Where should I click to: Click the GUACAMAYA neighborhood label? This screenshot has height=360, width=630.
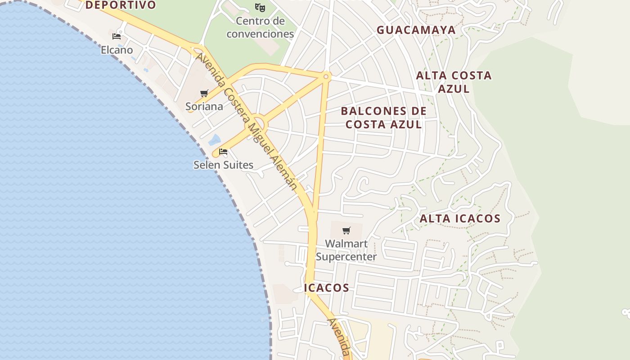(x=416, y=30)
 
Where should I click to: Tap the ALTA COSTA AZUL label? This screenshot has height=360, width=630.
(x=454, y=82)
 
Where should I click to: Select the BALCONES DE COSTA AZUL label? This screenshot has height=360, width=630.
(x=383, y=117)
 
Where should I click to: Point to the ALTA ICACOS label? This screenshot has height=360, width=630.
(x=460, y=219)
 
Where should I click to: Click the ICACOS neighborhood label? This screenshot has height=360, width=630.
(x=327, y=288)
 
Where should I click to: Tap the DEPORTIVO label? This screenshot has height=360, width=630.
(x=120, y=5)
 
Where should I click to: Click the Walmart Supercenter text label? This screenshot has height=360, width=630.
(x=346, y=250)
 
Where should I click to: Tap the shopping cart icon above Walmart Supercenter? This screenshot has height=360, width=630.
(x=346, y=231)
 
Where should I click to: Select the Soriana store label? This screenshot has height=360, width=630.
(x=204, y=106)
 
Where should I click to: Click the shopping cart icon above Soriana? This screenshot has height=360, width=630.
(x=204, y=94)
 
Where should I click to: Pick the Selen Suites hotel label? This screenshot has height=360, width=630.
(x=224, y=165)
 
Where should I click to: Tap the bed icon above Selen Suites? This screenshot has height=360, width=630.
(x=223, y=152)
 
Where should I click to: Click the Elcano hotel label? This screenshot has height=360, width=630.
(x=117, y=49)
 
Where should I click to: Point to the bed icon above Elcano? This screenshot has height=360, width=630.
(x=117, y=36)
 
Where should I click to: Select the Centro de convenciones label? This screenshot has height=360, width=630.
(x=260, y=27)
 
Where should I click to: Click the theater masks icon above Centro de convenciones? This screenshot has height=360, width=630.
(x=260, y=8)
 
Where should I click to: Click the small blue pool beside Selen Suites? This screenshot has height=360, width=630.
(x=215, y=140)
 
